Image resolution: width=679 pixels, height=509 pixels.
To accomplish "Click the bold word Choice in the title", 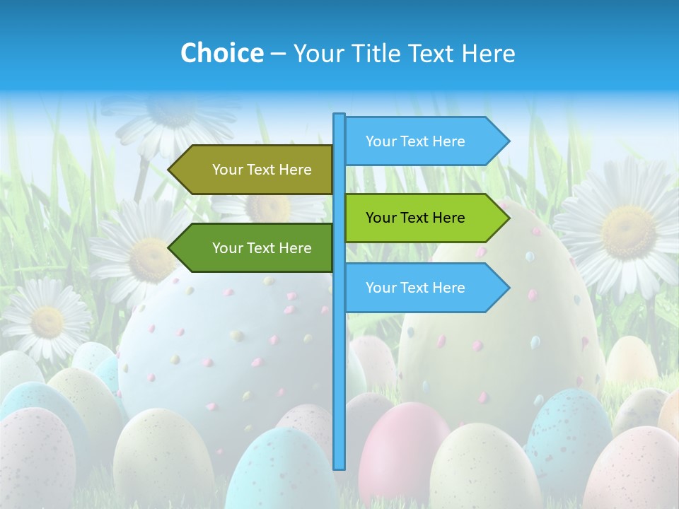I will [x=221, y=53].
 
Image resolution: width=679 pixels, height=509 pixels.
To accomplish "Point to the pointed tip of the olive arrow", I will [x=170, y=170].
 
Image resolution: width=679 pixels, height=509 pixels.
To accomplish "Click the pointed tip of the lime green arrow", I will [x=508, y=218].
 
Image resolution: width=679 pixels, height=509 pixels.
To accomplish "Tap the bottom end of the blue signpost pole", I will [x=339, y=467].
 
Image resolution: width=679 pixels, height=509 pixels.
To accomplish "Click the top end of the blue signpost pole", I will [x=339, y=115].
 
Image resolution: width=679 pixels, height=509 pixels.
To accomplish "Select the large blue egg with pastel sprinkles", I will [x=219, y=346].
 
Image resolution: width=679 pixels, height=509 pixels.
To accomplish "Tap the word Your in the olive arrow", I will [x=226, y=170].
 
